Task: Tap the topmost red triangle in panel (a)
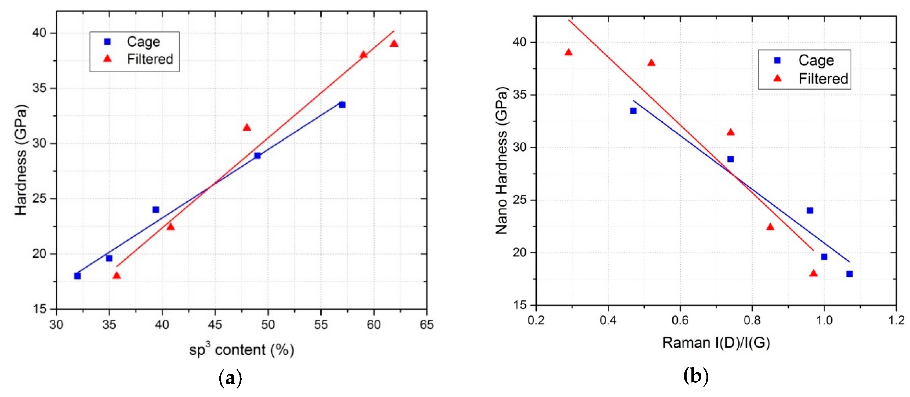(x=394, y=43)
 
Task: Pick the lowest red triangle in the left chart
(x=117, y=275)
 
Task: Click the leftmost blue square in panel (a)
(x=77, y=276)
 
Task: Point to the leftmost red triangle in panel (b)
(x=568, y=53)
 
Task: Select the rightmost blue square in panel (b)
(x=849, y=274)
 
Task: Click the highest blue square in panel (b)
(x=633, y=111)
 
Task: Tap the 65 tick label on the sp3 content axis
(x=426, y=325)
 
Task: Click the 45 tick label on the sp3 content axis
(x=215, y=325)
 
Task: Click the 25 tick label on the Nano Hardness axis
(x=519, y=200)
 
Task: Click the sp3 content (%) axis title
(x=242, y=350)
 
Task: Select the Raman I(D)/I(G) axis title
(x=716, y=343)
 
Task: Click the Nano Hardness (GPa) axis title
(x=502, y=161)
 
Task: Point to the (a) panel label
(x=231, y=378)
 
